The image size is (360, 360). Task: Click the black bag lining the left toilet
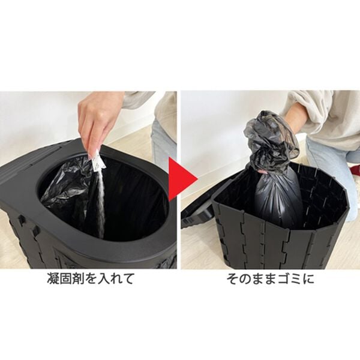(69, 192)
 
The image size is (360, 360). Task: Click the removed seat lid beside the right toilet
(195, 210)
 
